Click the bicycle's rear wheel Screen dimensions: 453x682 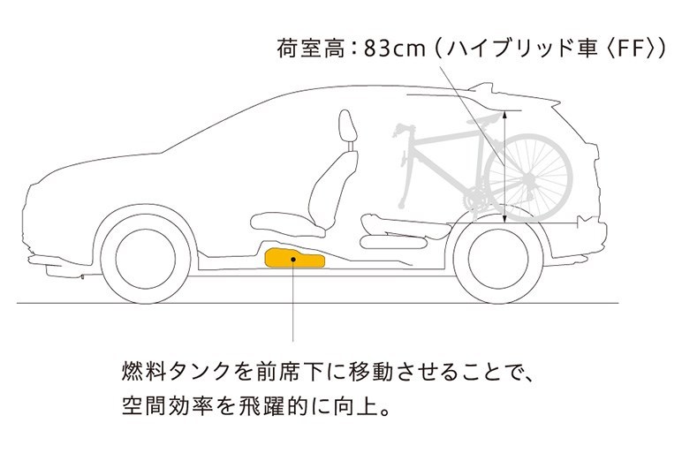528,173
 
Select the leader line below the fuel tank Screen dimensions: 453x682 292,305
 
